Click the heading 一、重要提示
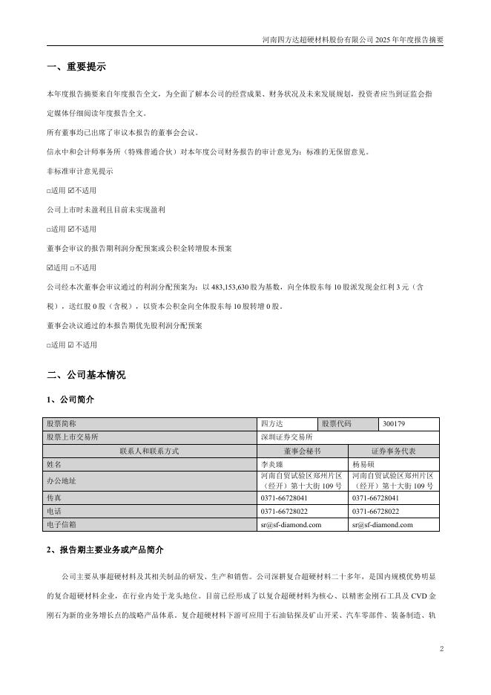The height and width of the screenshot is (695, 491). pos(76,67)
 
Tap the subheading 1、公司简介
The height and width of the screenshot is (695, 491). pos(70,399)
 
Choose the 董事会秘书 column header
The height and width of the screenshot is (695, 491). pos(302,451)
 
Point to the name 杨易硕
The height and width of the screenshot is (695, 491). pos(364,463)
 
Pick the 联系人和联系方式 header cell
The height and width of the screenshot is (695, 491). pos(148,451)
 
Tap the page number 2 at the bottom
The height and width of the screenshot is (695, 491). pos(441,650)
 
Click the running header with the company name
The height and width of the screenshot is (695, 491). pos(353,39)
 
